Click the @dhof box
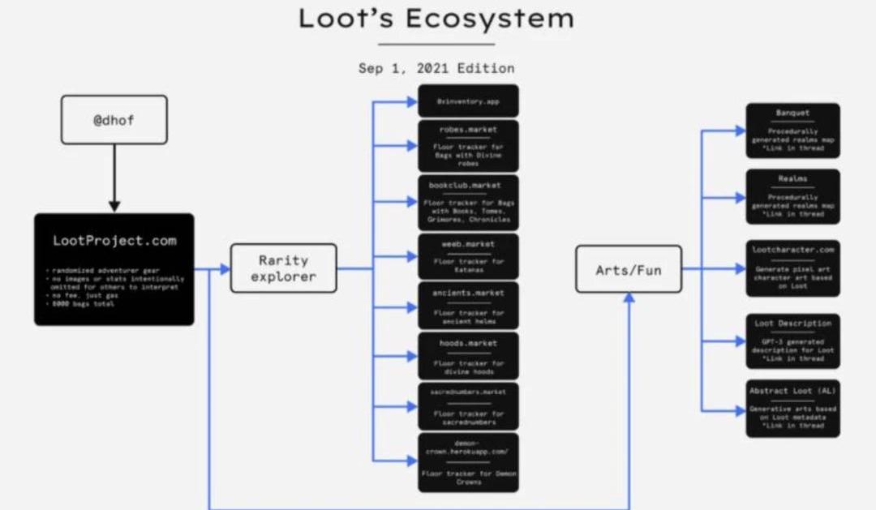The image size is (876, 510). pyautogui.click(x=114, y=120)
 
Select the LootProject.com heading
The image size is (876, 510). pyautogui.click(x=114, y=241)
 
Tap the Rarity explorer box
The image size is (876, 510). pyautogui.click(x=283, y=269)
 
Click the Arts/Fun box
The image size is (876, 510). pyautogui.click(x=629, y=269)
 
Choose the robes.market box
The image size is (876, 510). pyautogui.click(x=469, y=145)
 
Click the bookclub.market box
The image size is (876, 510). pyautogui.click(x=469, y=202)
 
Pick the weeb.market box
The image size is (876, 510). pyautogui.click(x=469, y=255)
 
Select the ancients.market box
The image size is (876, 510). pyautogui.click(x=469, y=306)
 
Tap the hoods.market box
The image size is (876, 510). pyautogui.click(x=469, y=356)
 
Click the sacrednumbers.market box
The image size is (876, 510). pyautogui.click(x=469, y=405)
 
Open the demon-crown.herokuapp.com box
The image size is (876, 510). pyautogui.click(x=469, y=462)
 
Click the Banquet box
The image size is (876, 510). pyautogui.click(x=792, y=130)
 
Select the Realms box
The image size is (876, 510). pyautogui.click(x=792, y=196)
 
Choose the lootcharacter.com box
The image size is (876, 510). pyautogui.click(x=792, y=268)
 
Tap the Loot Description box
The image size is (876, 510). pyautogui.click(x=792, y=341)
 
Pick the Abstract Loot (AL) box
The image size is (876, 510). pyautogui.click(x=792, y=409)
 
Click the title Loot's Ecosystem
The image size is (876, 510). pyautogui.click(x=436, y=19)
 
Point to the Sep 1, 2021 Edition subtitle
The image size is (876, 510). pyautogui.click(x=436, y=68)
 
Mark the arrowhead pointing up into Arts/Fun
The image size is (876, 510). pyautogui.click(x=629, y=299)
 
